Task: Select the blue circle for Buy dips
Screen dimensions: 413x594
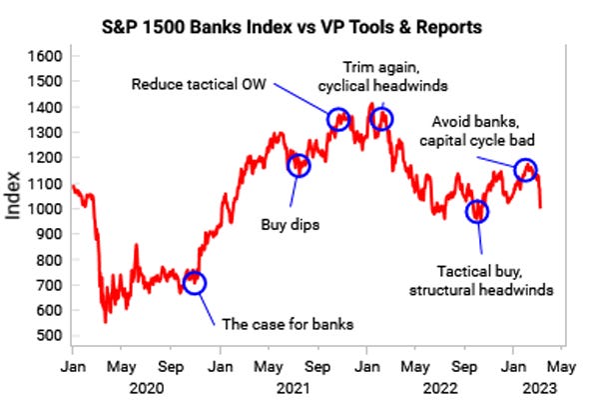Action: pyautogui.click(x=298, y=166)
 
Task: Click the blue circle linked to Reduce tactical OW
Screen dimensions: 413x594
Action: pyautogui.click(x=338, y=119)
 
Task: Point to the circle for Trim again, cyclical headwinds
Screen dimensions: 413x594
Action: pyautogui.click(x=381, y=119)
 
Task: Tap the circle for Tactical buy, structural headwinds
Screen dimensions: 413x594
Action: pyautogui.click(x=478, y=211)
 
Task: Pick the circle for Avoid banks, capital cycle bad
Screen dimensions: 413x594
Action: pyautogui.click(x=526, y=170)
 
